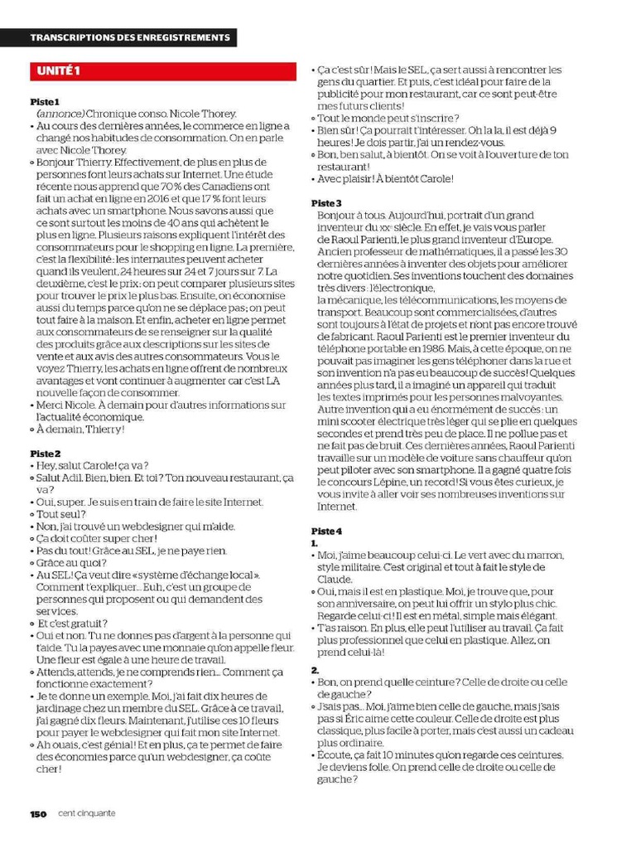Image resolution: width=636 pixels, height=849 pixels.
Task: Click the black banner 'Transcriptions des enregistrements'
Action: pyautogui.click(x=130, y=38)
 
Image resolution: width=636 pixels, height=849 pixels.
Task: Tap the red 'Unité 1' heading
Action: pyautogui.click(x=57, y=70)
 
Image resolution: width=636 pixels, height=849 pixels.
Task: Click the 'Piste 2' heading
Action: pyautogui.click(x=46, y=454)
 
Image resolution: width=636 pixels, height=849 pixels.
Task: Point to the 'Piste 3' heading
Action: pyautogui.click(x=326, y=203)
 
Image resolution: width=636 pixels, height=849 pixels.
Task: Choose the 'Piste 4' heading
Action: pyautogui.click(x=326, y=531)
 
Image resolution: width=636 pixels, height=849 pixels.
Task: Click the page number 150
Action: pyautogui.click(x=39, y=813)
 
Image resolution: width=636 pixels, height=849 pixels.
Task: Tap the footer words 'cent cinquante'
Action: pyautogui.click(x=87, y=813)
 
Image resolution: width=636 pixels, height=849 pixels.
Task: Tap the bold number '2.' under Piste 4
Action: pyautogui.click(x=316, y=670)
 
